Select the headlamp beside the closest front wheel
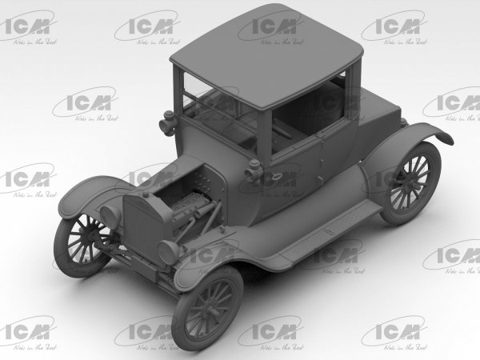pyautogui.click(x=169, y=251)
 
